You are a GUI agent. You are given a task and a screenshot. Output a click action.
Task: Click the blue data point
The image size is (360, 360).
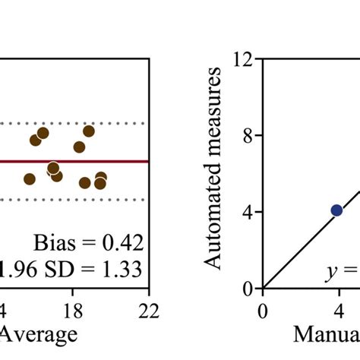tap(336, 210)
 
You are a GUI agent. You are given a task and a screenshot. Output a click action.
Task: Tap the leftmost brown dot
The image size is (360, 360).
tap(30, 179)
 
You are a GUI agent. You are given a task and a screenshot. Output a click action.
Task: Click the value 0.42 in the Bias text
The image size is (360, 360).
tap(122, 243)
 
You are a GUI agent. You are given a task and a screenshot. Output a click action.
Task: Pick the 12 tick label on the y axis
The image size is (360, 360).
tap(245, 59)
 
